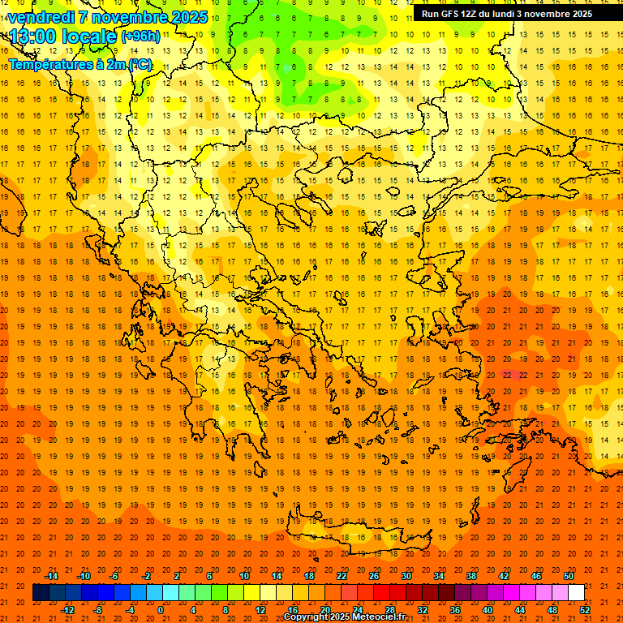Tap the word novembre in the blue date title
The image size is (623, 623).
(x=125, y=17)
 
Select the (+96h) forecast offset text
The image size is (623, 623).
(x=140, y=37)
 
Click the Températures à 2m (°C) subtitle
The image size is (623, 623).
(x=79, y=64)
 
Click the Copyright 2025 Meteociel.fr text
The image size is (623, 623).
(x=344, y=617)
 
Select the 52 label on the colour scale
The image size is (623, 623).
(x=584, y=609)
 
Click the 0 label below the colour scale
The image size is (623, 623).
(x=161, y=609)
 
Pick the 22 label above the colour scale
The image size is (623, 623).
(x=342, y=576)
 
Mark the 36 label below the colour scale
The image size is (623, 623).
(x=455, y=609)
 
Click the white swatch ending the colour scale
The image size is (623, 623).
(x=576, y=593)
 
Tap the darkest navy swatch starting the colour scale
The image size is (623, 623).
(x=41, y=593)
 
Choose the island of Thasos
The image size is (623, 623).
(x=346, y=174)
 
